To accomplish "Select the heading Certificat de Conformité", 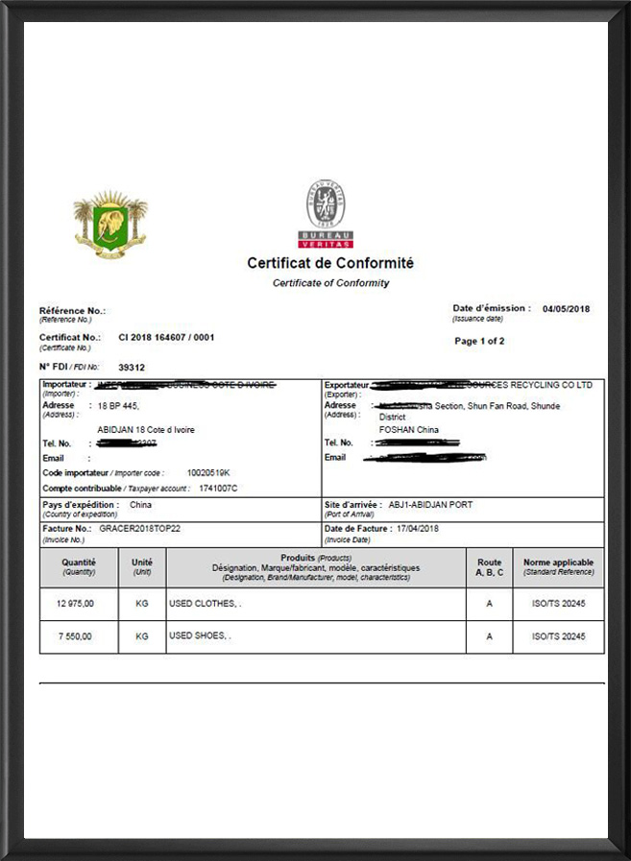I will (x=330, y=263).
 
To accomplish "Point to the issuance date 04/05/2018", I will (x=566, y=309).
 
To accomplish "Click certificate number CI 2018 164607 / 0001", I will (x=166, y=338).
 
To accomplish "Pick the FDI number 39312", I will (x=132, y=367).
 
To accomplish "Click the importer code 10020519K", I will (x=208, y=473).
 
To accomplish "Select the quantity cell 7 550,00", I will (x=79, y=636).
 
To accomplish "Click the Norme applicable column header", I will (x=558, y=566).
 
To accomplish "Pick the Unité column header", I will (x=142, y=566).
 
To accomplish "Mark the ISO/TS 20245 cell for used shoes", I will (x=558, y=636).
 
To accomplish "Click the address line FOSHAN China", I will (x=409, y=430).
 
